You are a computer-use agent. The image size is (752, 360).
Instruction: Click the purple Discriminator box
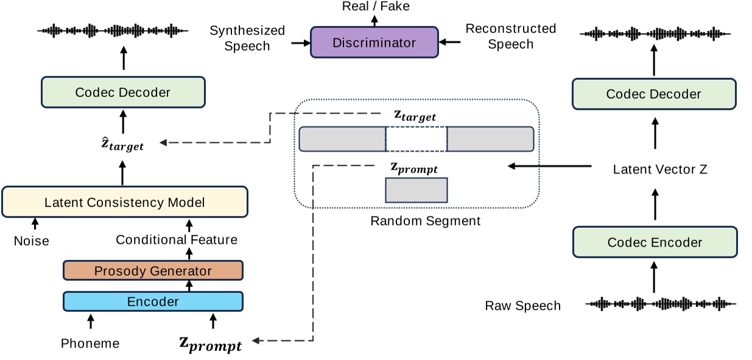374,42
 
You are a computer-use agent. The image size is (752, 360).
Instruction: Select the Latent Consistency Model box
125,202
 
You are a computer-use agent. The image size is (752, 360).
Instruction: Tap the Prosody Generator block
153,270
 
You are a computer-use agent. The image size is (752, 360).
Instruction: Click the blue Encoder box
153,302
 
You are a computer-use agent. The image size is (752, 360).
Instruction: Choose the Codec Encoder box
655,242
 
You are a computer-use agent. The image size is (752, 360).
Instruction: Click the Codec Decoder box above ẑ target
123,93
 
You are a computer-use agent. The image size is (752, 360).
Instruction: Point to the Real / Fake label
374,7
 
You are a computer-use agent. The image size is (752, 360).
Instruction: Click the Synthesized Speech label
247,38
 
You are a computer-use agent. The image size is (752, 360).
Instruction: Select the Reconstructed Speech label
510,36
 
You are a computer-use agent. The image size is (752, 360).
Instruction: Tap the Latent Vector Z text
660,170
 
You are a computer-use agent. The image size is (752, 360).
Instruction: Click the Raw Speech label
522,306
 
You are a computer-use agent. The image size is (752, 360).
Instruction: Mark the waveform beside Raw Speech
661,303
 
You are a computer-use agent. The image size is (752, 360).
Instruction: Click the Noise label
31,241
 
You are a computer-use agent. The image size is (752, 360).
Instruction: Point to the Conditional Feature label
177,240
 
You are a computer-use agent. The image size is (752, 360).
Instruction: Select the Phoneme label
90,344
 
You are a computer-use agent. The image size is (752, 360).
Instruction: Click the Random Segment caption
425,221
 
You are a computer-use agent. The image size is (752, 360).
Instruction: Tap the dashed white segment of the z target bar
416,139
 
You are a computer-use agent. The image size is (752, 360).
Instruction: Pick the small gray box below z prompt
416,190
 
